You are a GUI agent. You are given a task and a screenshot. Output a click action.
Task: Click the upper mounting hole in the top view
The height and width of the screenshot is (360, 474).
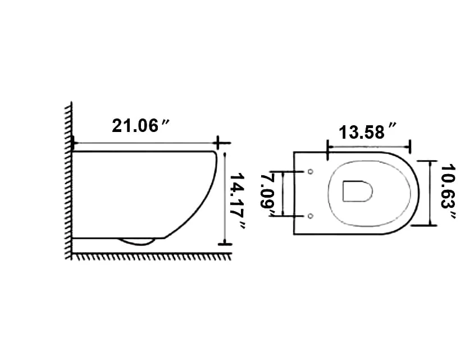click(x=310, y=171)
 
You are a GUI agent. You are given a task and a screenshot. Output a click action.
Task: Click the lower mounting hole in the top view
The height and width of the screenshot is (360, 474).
click(x=310, y=216)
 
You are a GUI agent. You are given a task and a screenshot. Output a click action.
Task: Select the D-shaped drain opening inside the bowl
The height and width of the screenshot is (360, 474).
click(x=357, y=192)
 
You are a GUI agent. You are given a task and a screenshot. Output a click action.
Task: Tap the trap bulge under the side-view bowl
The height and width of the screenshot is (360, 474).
click(x=136, y=242)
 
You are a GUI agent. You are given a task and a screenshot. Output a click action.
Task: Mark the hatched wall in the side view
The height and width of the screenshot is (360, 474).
click(x=69, y=180)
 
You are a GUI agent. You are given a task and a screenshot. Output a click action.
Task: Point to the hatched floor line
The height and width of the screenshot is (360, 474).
click(x=152, y=257)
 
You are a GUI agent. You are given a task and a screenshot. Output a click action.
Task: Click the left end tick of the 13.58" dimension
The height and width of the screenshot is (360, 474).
click(x=327, y=146)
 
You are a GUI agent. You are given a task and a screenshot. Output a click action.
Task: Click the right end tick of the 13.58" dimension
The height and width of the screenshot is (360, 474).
click(x=411, y=146)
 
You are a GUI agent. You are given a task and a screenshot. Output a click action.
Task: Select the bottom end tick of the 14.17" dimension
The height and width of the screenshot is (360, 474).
click(x=225, y=244)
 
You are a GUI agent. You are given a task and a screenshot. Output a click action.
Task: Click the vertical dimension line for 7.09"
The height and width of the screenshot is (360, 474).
click(x=282, y=193)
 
